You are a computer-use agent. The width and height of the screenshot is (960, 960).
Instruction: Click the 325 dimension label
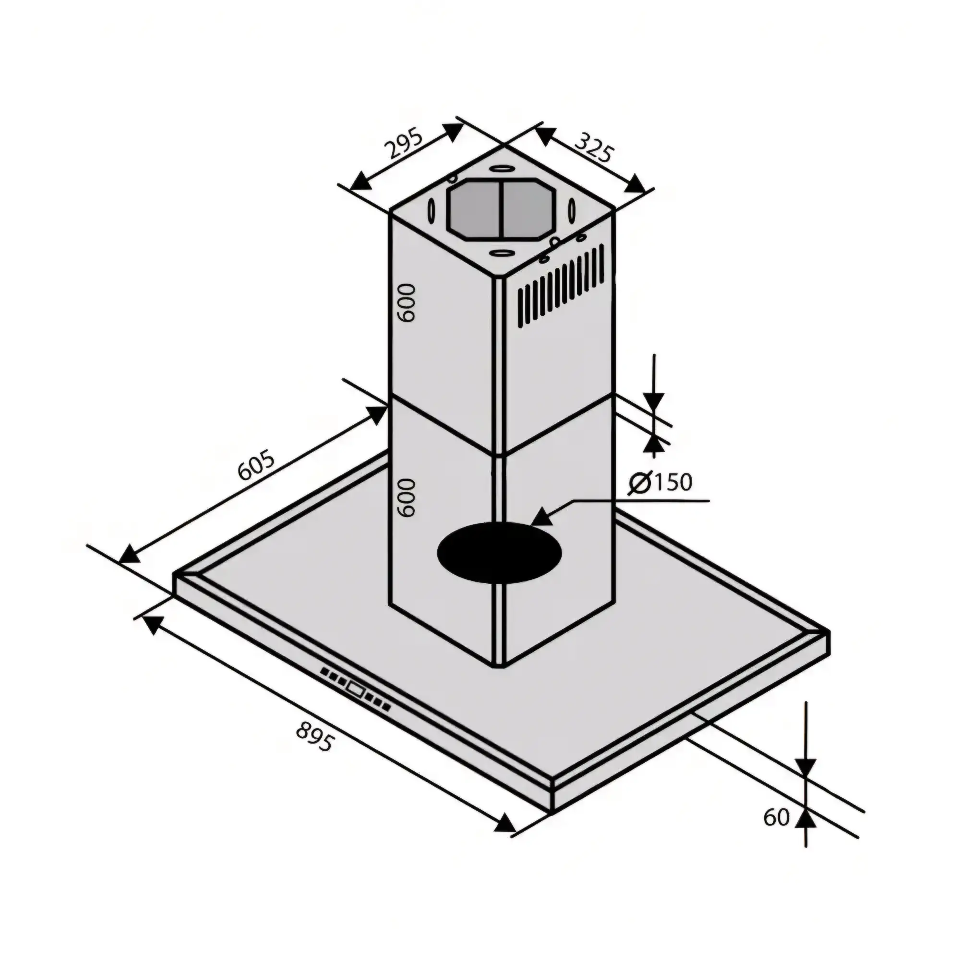(595, 147)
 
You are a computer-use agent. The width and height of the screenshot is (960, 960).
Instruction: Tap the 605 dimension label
(255, 465)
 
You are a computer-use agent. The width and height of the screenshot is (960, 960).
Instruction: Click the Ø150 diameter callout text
(660, 482)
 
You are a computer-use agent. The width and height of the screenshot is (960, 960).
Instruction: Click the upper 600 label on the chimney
(405, 302)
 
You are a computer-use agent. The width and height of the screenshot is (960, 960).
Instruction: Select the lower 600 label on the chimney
(405, 497)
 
